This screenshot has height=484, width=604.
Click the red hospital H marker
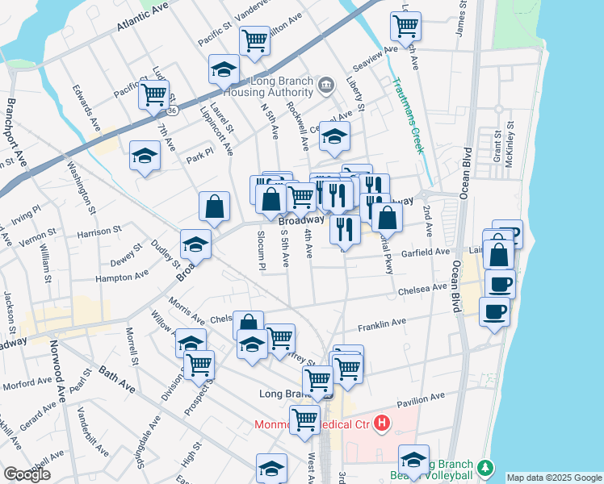382,422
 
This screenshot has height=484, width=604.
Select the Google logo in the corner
27,474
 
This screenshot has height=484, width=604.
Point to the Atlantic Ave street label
143,15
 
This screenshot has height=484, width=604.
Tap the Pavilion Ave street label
421,398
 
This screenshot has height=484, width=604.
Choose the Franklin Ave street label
382,324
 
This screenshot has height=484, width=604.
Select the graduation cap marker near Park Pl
145,155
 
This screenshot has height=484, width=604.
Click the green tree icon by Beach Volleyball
484,467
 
